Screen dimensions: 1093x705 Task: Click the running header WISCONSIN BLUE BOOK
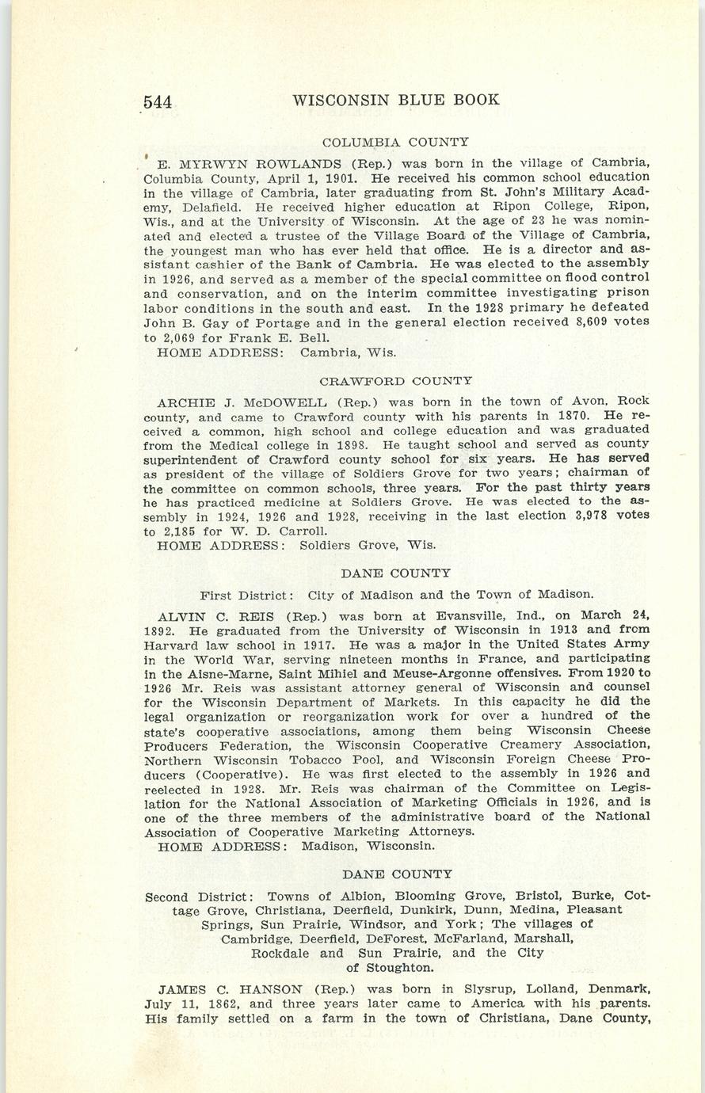point(396,100)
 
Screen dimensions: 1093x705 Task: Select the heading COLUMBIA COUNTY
point(396,143)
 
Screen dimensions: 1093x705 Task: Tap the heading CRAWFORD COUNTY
point(396,381)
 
